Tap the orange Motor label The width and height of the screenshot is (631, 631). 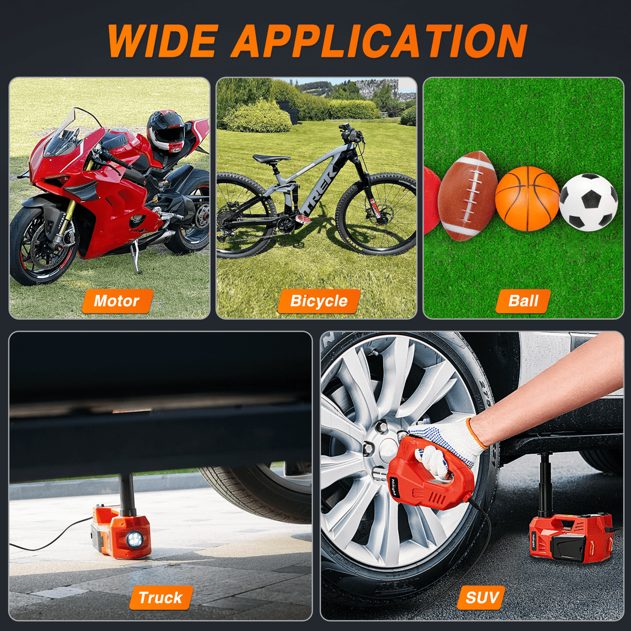coord(117,301)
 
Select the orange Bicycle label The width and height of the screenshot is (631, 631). coord(319,301)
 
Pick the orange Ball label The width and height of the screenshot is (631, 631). coord(523,301)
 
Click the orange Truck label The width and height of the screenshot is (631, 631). coord(161,598)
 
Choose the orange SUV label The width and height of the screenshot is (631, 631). coord(482,598)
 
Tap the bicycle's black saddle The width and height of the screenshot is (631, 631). coord(271,159)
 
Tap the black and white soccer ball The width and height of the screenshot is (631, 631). coord(588,202)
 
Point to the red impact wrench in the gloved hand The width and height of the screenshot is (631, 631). coord(432,471)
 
